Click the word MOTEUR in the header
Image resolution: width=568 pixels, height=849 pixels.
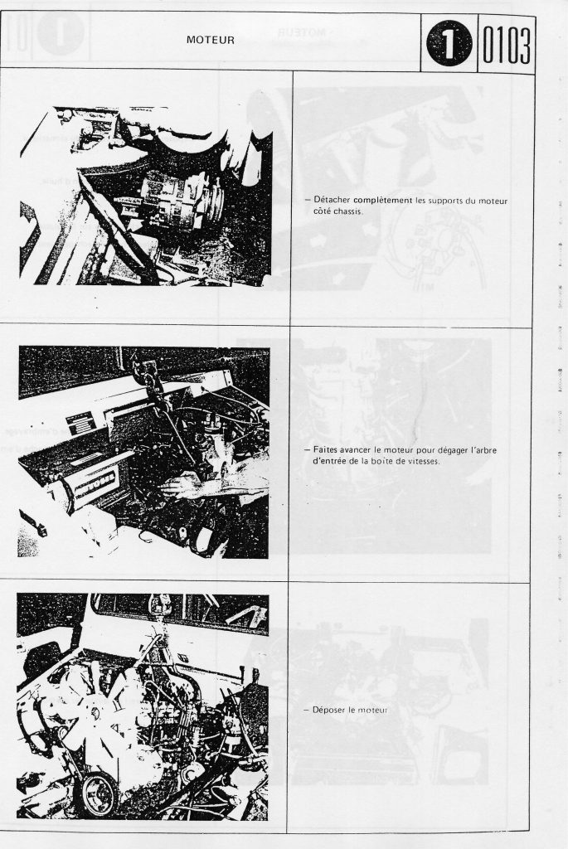point(210,40)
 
